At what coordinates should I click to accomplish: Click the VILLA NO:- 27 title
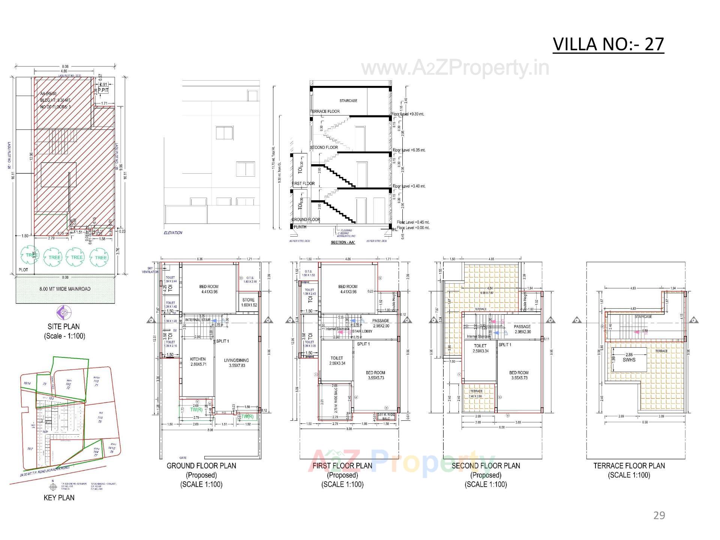[608, 44]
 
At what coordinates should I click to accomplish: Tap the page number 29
[659, 516]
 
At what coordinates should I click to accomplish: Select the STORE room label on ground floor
[248, 300]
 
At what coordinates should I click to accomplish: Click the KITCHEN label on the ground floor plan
[198, 359]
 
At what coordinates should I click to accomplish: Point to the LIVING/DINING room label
[236, 360]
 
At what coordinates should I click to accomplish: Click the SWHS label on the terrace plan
[629, 360]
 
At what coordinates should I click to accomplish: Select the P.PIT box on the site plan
[103, 90]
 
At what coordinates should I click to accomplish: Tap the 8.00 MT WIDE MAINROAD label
[65, 289]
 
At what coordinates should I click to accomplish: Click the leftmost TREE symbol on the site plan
[30, 255]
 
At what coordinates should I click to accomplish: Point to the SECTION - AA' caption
[343, 242]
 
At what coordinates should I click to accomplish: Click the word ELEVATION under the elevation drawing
[173, 233]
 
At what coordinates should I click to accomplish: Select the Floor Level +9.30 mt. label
[408, 114]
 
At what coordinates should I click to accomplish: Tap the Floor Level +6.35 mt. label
[409, 150]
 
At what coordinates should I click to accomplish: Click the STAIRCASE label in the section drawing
[348, 100]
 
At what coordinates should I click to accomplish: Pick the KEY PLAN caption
[59, 498]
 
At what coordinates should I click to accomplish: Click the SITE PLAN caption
[63, 326]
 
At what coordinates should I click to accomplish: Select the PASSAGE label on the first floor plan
[380, 321]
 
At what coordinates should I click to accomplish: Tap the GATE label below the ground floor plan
[183, 458]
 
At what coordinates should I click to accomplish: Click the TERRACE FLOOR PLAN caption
[629, 466]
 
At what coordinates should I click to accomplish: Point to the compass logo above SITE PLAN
[64, 312]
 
